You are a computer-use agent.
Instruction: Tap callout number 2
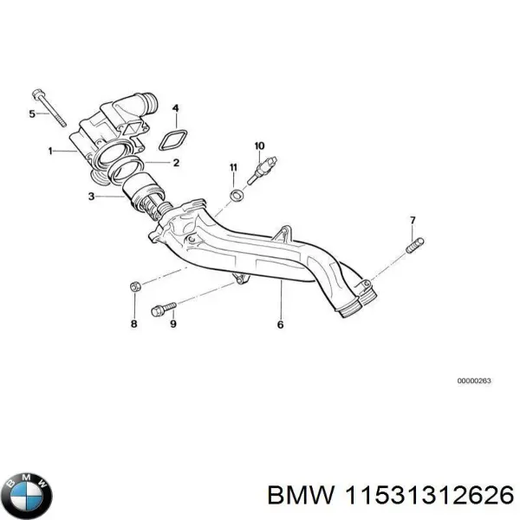(176, 162)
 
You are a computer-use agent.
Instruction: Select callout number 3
(92, 197)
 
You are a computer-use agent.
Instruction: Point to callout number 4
(176, 109)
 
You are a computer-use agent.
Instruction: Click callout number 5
(33, 114)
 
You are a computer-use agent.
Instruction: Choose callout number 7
(413, 220)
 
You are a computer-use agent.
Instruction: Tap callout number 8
(133, 324)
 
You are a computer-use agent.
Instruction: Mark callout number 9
(172, 325)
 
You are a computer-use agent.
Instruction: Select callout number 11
(232, 166)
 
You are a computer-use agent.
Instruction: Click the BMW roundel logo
(27, 496)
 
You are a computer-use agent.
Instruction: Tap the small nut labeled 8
(134, 286)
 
